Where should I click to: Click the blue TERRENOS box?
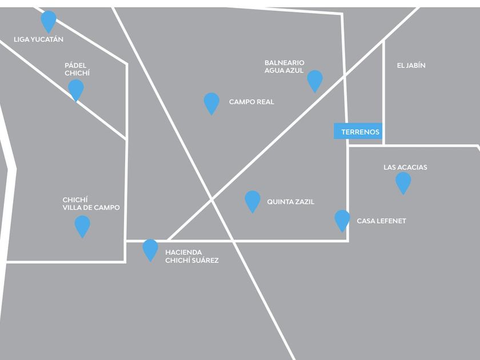click(360, 131)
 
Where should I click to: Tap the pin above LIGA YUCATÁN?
click(49, 21)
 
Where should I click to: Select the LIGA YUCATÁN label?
click(38, 40)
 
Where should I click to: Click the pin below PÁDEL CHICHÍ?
click(75, 89)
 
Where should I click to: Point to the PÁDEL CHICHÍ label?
click(77, 69)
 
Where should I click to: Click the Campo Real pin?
click(211, 102)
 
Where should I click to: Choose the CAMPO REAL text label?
click(251, 102)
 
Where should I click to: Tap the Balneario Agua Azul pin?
click(315, 80)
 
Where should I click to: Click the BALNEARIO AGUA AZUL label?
click(284, 66)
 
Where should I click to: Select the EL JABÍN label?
click(411, 66)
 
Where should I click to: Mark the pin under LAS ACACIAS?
click(403, 182)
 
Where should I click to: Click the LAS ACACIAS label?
click(405, 167)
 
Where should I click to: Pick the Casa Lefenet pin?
click(342, 219)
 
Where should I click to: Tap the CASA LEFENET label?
click(381, 221)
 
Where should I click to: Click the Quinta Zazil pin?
click(252, 201)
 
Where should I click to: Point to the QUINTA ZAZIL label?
click(290, 202)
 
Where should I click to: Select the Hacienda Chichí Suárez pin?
click(150, 249)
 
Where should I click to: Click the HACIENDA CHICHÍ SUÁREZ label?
click(191, 256)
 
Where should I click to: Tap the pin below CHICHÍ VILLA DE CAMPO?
click(82, 225)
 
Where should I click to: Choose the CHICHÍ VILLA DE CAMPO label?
click(91, 203)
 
